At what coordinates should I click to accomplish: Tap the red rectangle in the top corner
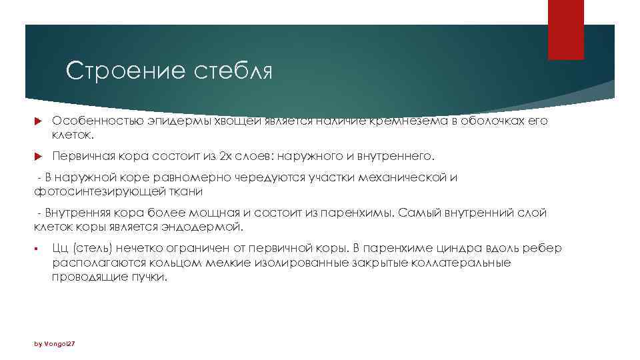[565, 29]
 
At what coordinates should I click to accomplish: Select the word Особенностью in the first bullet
[89, 121]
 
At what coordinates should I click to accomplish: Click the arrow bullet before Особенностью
[37, 122]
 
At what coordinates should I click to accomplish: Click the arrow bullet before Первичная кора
[37, 157]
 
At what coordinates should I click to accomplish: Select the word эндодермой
[204, 227]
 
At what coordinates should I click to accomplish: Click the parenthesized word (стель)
[91, 249]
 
